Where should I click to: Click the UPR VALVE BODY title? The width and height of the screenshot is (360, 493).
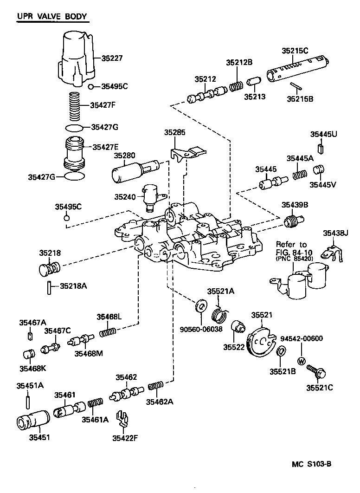[52, 17]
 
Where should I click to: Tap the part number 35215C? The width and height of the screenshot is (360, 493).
[295, 51]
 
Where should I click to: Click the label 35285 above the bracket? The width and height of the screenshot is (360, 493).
[174, 133]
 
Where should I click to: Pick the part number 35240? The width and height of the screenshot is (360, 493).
[126, 197]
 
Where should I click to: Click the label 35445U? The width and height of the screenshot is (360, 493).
[324, 135]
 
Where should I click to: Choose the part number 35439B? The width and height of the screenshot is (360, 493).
[293, 204]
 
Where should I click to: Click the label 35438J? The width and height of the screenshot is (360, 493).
[335, 233]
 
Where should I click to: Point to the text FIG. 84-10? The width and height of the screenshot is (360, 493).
[291, 253]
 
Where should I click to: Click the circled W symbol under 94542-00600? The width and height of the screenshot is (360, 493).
[301, 361]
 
